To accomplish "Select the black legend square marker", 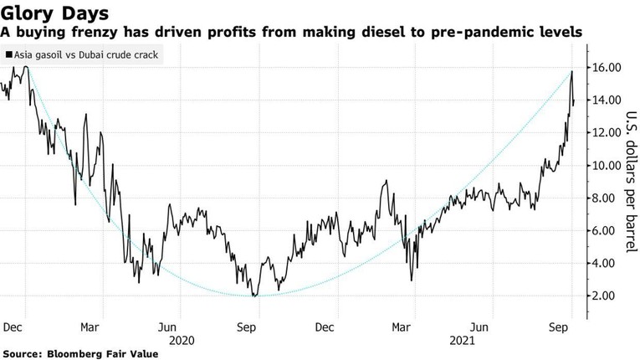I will (x=8, y=55).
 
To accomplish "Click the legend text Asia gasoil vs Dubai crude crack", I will (x=84, y=55).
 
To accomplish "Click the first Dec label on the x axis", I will (x=13, y=327).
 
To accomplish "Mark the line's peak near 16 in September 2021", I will (x=571, y=72).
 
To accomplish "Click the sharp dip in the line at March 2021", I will (x=412, y=280).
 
